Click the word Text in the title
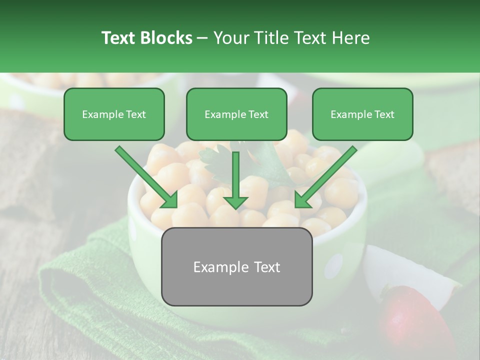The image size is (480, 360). (119, 38)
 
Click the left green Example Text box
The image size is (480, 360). (114, 114)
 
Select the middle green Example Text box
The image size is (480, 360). (236, 114)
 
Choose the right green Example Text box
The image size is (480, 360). (362, 114)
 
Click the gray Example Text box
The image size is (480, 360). (236, 266)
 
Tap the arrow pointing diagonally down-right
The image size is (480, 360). (147, 177)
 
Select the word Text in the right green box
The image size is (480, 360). (384, 114)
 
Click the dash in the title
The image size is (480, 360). (202, 38)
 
